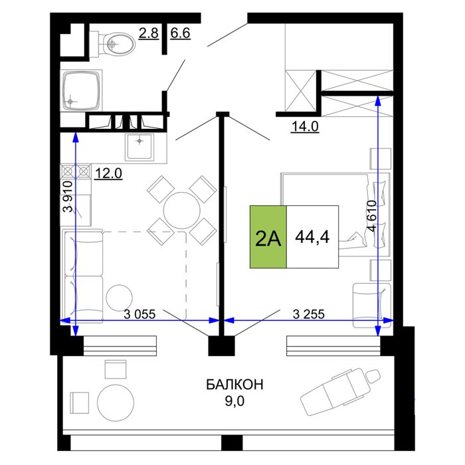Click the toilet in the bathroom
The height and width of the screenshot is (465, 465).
(x=112, y=44)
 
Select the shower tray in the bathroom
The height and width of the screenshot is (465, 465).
(x=81, y=90)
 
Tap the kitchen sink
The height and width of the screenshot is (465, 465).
(x=139, y=147)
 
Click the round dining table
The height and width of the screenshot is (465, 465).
(x=182, y=211)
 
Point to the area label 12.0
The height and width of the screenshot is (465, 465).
(x=108, y=173)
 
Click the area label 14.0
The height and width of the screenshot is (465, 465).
(x=305, y=127)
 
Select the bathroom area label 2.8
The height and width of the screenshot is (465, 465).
(x=149, y=33)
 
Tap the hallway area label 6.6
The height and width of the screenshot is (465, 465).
(x=180, y=33)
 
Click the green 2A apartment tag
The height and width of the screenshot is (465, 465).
(x=268, y=237)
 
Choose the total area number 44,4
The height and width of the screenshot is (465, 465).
(x=313, y=237)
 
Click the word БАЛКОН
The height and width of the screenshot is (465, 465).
(x=234, y=385)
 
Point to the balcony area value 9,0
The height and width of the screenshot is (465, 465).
(x=234, y=401)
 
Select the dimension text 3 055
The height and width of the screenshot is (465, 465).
(x=139, y=314)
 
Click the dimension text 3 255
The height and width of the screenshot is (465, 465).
(x=309, y=314)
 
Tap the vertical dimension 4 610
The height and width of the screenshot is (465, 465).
(x=371, y=216)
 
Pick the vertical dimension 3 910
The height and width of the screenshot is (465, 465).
(x=68, y=197)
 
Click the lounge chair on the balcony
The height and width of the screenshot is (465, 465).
(x=340, y=391)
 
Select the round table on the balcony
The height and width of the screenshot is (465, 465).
(x=116, y=403)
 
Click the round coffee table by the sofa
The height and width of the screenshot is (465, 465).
(x=119, y=298)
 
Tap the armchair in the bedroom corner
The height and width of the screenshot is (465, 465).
(x=372, y=306)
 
